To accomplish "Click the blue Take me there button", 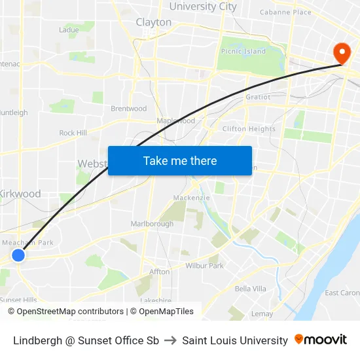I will (179, 160).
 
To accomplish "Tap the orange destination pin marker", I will (342, 52).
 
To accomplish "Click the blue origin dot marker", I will (18, 255).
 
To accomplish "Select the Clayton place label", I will (154, 22).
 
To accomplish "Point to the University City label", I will (203, 7).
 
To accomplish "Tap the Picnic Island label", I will (243, 51).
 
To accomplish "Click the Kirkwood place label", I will (20, 194).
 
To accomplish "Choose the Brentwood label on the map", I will (128, 109).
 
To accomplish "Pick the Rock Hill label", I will (73, 133).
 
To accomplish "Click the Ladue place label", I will (69, 29).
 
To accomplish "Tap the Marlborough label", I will (152, 224).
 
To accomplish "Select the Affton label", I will (159, 271).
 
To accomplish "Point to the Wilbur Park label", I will (205, 266).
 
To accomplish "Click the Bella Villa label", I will (250, 289).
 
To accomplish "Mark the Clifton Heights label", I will (249, 129).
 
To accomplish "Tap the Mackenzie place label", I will (190, 198).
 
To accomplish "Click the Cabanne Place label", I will (285, 12).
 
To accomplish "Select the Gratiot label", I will (257, 97).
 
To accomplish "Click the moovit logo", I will (321, 340).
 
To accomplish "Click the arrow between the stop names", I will (170, 340).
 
